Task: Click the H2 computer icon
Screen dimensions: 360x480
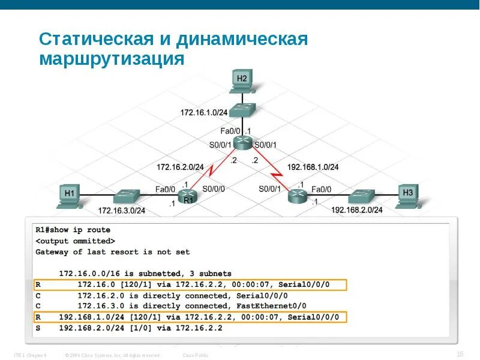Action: [x=242, y=82]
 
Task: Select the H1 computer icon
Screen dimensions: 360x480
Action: [x=70, y=196]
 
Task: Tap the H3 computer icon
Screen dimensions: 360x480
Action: [x=408, y=196]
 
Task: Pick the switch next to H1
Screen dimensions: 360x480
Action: [x=127, y=196]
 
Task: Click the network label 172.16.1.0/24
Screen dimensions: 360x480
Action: [x=204, y=112]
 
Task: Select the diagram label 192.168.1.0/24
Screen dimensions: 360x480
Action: [x=313, y=167]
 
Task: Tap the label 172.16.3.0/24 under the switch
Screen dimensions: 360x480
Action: [x=122, y=211]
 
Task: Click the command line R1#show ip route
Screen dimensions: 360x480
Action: [x=73, y=230]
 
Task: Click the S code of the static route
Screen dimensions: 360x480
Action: [x=38, y=328]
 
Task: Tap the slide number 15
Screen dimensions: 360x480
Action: [x=460, y=354]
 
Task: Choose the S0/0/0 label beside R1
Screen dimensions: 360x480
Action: [x=214, y=188]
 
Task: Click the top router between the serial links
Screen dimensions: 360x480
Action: [x=242, y=142]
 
